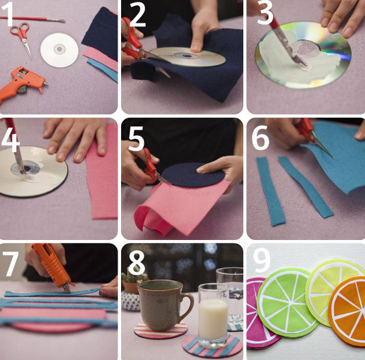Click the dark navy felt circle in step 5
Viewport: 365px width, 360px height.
tap(193, 175)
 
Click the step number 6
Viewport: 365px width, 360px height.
tap(260, 138)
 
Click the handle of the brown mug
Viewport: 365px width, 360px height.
tap(188, 305)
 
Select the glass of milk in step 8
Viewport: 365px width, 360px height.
tap(213, 316)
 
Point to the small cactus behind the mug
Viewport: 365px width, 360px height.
tap(134, 277)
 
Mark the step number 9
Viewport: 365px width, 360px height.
tap(262, 261)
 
